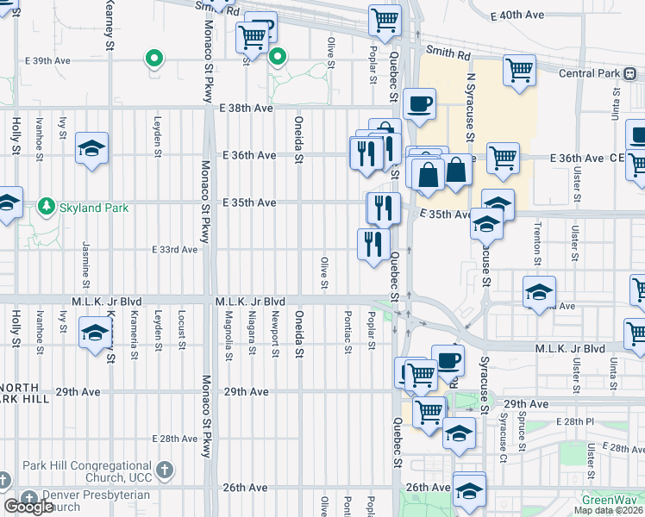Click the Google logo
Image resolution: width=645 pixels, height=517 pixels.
pos(28,507)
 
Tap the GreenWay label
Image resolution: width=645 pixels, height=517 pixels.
pos(609,500)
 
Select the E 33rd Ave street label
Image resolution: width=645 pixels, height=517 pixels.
pos(175,249)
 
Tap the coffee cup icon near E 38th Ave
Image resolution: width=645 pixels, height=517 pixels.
pos(419,104)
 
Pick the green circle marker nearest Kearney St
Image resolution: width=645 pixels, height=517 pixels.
pos(154,59)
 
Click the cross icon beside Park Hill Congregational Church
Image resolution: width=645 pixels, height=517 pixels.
pos(166,470)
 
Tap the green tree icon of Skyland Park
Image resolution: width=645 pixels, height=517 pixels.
pos(44,207)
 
